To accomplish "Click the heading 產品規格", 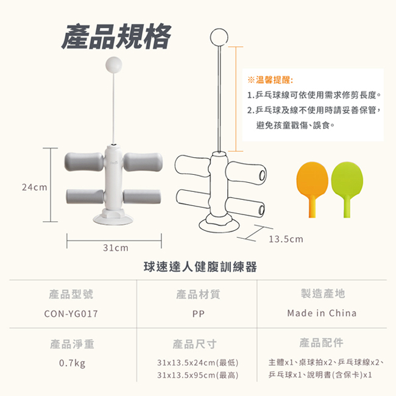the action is [116, 37].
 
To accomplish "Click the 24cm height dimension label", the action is [34, 188].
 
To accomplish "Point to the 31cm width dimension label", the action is [115, 248].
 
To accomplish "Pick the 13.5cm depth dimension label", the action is [286, 239].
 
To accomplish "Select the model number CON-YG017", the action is [72, 314].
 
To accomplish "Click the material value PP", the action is [197, 314].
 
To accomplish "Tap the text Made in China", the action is [322, 313].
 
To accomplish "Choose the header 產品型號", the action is [71, 294].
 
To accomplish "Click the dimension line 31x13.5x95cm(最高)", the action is [197, 375].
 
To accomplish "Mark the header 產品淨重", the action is [72, 344].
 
